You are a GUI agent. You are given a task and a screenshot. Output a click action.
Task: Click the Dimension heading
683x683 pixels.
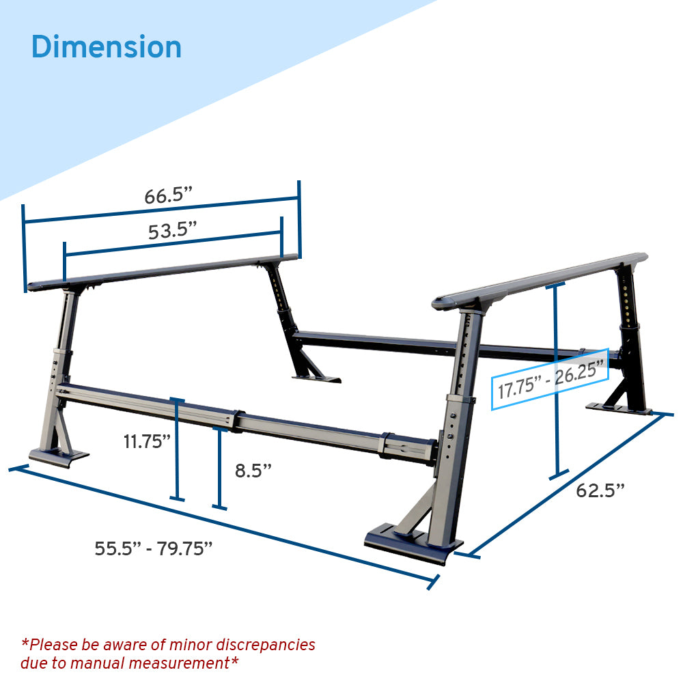[107, 47]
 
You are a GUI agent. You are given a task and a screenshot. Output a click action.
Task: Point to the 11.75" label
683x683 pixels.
[147, 441]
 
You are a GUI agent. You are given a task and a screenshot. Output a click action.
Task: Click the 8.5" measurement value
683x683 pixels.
[253, 470]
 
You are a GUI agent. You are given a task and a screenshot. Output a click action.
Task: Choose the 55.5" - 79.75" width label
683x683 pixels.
[154, 548]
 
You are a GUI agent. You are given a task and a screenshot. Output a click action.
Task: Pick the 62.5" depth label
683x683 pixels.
[600, 490]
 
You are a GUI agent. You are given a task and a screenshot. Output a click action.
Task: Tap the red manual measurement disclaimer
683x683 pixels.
[167, 653]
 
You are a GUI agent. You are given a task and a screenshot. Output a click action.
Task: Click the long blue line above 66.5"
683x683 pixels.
[161, 210]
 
